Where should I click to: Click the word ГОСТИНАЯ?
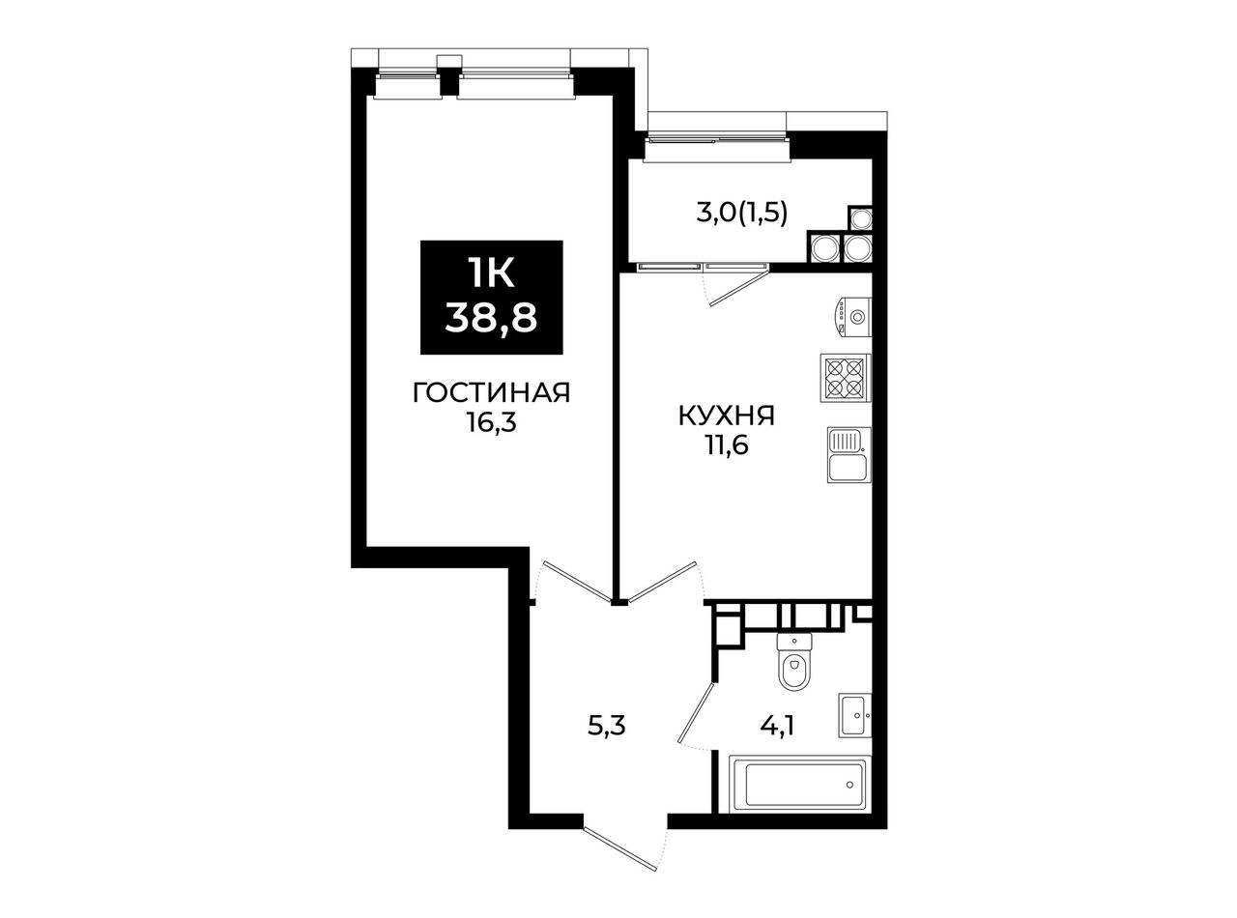pos(491,392)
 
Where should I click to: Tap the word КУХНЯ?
pos(726,416)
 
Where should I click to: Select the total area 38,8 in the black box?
pos(491,319)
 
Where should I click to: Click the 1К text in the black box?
pos(491,273)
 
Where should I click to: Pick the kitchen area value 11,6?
pos(726,446)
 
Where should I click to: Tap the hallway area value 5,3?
pos(607,726)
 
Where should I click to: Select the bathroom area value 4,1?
pos(777,726)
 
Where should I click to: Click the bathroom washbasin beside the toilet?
pos(854,715)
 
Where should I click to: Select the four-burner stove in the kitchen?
pos(845,378)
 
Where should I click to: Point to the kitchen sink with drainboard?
pos(849,454)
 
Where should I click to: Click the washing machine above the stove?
pos(852,317)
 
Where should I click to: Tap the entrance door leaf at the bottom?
pos(619,858)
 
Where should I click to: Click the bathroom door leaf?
pos(696,713)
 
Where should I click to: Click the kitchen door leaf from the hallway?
pos(661,582)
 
